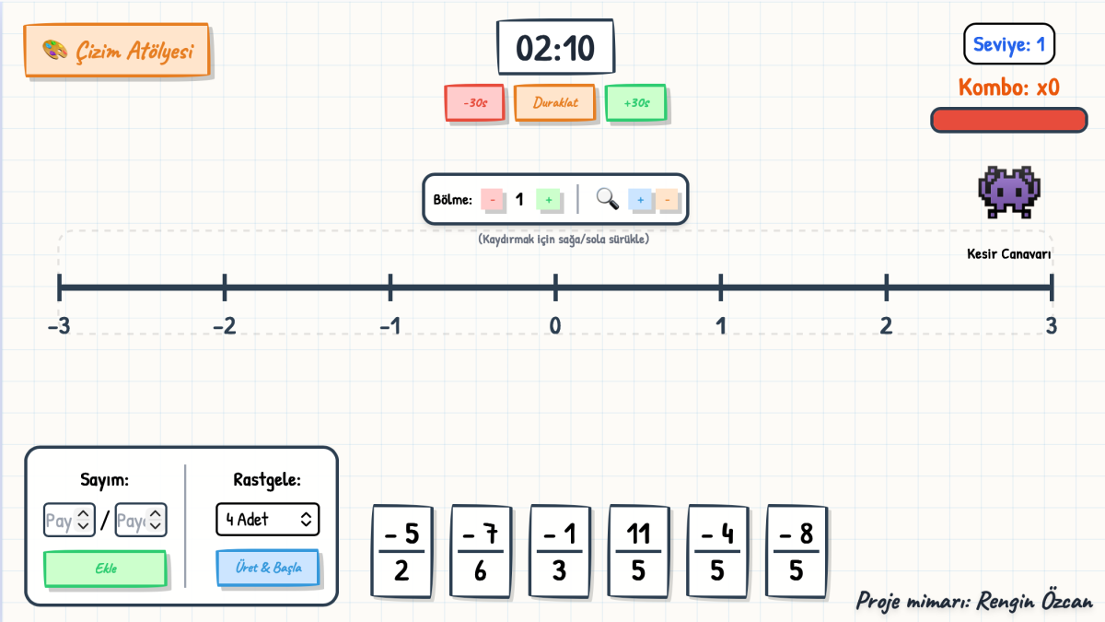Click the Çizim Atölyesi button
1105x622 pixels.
pos(118,51)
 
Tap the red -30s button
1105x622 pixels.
pos(474,102)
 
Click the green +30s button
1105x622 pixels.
pos(636,102)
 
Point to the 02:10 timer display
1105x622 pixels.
pos(555,47)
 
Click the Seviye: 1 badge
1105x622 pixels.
pos(1009,44)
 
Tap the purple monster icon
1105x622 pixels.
pos(1009,193)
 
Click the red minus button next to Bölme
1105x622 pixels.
pos(493,200)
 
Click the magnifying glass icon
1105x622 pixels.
pos(607,199)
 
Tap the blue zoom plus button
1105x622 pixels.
pos(640,200)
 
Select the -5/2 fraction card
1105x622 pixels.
pos(402,551)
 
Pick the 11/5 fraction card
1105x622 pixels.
pos(638,551)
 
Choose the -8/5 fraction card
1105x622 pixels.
pos(797,551)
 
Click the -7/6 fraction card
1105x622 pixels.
pos(481,551)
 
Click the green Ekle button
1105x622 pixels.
pos(105,569)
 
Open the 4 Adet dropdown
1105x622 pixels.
pos(267,520)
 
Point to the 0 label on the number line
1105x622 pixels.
pos(555,326)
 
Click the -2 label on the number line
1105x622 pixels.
pos(225,326)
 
